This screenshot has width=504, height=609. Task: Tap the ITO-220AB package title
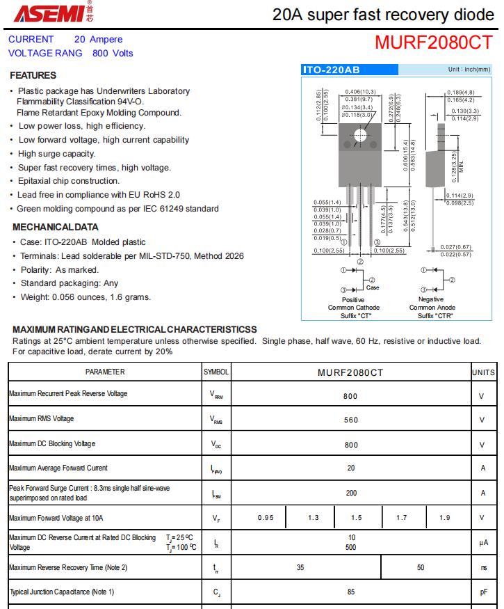[x=331, y=70]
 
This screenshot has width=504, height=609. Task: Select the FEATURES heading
[x=33, y=75]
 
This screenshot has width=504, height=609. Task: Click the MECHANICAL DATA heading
[x=56, y=227]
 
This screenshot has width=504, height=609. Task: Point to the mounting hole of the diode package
[x=359, y=136]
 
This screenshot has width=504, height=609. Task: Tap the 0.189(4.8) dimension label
[x=460, y=93]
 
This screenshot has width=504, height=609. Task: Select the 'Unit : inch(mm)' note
[x=469, y=70]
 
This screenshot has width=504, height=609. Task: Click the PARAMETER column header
[x=105, y=372]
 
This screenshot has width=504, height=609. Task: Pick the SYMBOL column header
[x=216, y=372]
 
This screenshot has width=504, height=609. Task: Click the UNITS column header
[x=482, y=372]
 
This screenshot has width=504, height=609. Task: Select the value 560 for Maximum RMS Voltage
[x=350, y=420]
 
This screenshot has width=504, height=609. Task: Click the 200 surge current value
[x=350, y=493]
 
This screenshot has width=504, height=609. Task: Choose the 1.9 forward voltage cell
[x=445, y=518]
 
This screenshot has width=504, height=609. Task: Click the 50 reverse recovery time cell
[x=421, y=568]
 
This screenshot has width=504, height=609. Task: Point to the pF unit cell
[x=482, y=593]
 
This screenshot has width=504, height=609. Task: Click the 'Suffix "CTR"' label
[x=432, y=315]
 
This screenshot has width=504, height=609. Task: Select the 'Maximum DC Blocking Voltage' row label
[x=52, y=444]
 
